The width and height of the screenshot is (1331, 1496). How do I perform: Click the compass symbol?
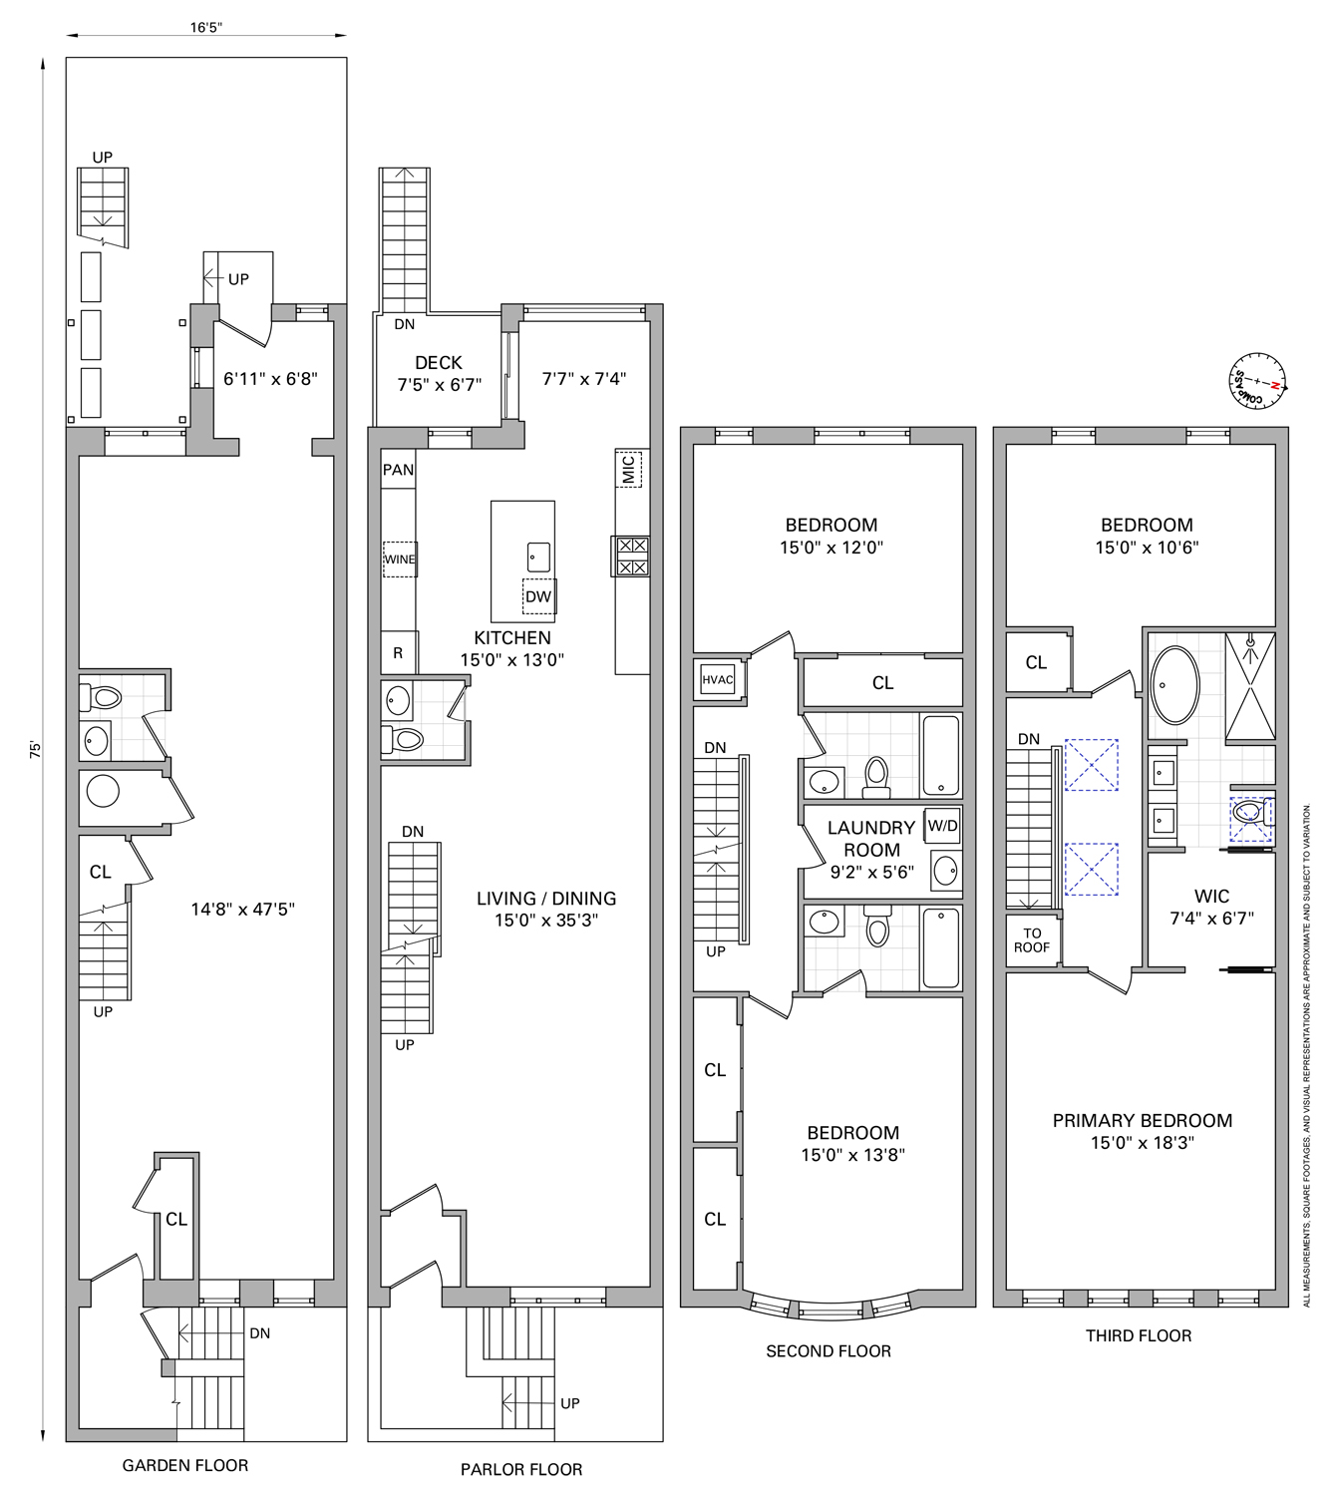point(1257,381)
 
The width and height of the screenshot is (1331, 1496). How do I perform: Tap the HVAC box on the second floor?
point(718,679)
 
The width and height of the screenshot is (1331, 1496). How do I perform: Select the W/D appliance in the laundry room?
point(943,826)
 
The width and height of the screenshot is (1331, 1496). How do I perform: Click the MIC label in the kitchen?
point(628,469)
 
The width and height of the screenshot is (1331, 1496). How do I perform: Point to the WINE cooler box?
point(400,559)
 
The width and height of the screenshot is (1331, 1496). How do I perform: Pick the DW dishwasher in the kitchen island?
point(539,596)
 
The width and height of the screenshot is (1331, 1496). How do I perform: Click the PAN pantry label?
point(399,470)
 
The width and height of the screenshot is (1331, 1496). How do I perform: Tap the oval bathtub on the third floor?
point(1176,685)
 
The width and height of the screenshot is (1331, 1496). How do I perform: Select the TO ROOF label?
point(1032,939)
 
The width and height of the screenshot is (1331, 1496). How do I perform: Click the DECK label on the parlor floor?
point(439,363)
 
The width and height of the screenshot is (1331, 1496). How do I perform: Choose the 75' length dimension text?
point(35,750)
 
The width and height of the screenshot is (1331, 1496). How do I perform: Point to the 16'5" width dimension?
point(206,27)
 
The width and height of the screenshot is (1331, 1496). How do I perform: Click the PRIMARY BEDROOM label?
point(1142,1120)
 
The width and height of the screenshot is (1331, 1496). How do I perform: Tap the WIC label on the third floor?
point(1211,896)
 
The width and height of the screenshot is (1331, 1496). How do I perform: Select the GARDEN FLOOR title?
point(185,1465)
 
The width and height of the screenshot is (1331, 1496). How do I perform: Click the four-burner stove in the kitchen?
point(631,557)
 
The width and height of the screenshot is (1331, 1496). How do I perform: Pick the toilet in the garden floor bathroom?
point(101,697)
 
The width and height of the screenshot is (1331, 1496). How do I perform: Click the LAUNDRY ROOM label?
point(871,838)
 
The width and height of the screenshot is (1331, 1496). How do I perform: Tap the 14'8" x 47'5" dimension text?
point(243,909)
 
